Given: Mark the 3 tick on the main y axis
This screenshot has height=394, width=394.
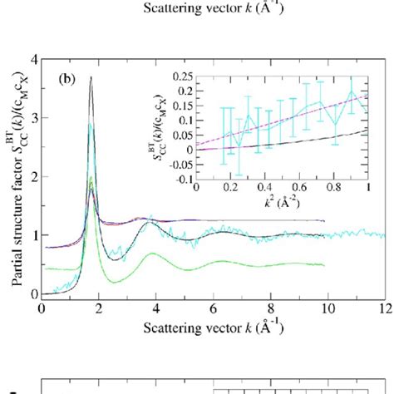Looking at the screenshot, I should point(33,118).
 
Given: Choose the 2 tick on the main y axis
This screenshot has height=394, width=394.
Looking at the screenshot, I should point(33,177).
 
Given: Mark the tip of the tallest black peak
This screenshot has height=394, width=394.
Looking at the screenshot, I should point(91,77).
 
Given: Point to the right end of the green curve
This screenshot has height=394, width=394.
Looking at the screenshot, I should point(323,265).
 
